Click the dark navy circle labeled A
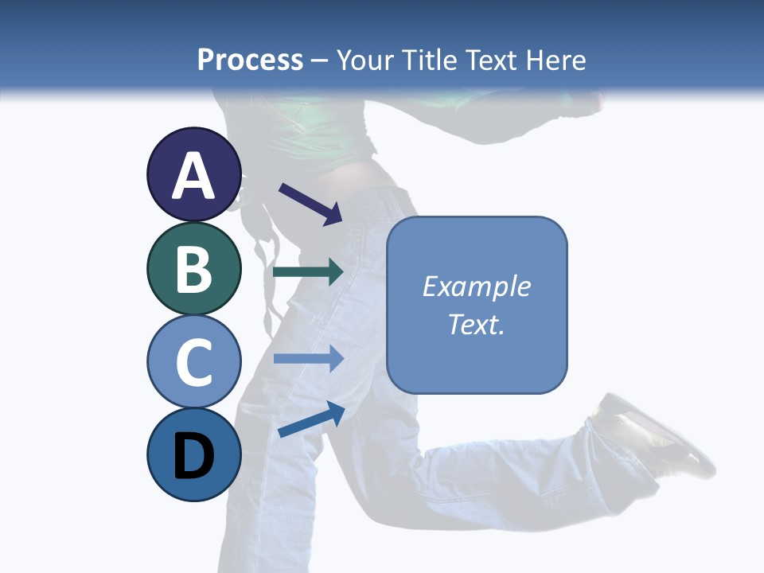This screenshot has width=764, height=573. point(194,174)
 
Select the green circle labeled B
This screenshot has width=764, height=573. point(194,268)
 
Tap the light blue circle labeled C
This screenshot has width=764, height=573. point(194,361)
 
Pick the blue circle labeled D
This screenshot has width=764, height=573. point(194,454)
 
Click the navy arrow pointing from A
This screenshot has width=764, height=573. point(310,204)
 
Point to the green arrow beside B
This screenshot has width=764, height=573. point(308,272)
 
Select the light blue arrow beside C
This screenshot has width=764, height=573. point(308,358)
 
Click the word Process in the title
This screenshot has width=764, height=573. point(250,60)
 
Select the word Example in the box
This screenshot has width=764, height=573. point(477,286)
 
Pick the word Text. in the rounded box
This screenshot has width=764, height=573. point(477,324)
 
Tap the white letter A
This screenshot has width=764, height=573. point(194,176)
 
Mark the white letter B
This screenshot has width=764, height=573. point(194,269)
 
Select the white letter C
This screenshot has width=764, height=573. point(194,362)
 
